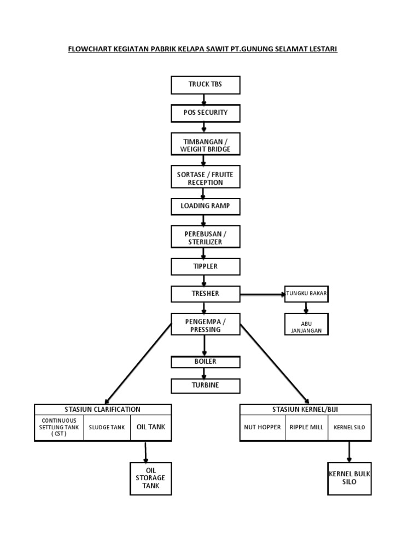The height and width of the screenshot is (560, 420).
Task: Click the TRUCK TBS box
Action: point(205,85)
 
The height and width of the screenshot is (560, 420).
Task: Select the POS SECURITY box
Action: point(205,113)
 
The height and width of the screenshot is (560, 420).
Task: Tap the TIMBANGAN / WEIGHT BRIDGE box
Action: point(205,145)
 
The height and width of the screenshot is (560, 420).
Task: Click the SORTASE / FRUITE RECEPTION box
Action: point(205,178)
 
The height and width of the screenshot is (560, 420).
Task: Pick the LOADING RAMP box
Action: point(205,207)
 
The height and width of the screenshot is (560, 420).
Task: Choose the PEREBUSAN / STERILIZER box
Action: point(205,237)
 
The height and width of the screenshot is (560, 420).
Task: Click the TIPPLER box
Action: point(205,266)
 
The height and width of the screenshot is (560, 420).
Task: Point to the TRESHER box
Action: point(205,294)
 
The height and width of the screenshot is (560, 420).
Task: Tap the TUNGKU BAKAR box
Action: point(306,294)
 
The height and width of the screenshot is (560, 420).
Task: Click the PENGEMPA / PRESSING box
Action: point(205,325)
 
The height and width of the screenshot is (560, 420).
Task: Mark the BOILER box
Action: point(205,361)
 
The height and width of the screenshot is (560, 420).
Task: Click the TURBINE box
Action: point(205,386)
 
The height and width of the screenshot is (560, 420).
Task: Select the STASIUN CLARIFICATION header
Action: point(103,409)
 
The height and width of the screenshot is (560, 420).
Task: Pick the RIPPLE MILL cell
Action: point(306,428)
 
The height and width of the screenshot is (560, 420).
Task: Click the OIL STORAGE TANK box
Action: point(150,478)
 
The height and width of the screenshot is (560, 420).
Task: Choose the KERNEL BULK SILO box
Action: point(349,478)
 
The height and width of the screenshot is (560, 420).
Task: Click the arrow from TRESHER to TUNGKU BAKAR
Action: point(262,294)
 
